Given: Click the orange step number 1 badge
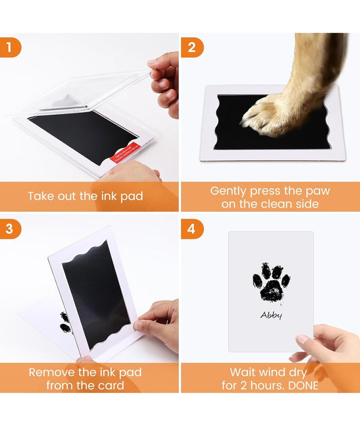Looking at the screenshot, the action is tap(10, 47).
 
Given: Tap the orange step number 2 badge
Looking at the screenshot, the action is tap(192, 47).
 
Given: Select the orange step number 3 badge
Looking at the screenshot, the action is tap(10, 229).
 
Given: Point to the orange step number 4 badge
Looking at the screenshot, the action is tap(192, 229).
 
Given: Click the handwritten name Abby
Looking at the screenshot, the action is tap(272, 315).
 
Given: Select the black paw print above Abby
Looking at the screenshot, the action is tap(272, 282).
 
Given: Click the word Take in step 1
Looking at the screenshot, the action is tap(41, 196).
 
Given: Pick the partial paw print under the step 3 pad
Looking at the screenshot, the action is tap(65, 323).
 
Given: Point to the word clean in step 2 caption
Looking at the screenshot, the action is tap(276, 204).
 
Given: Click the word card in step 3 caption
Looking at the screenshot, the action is tap(111, 385).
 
